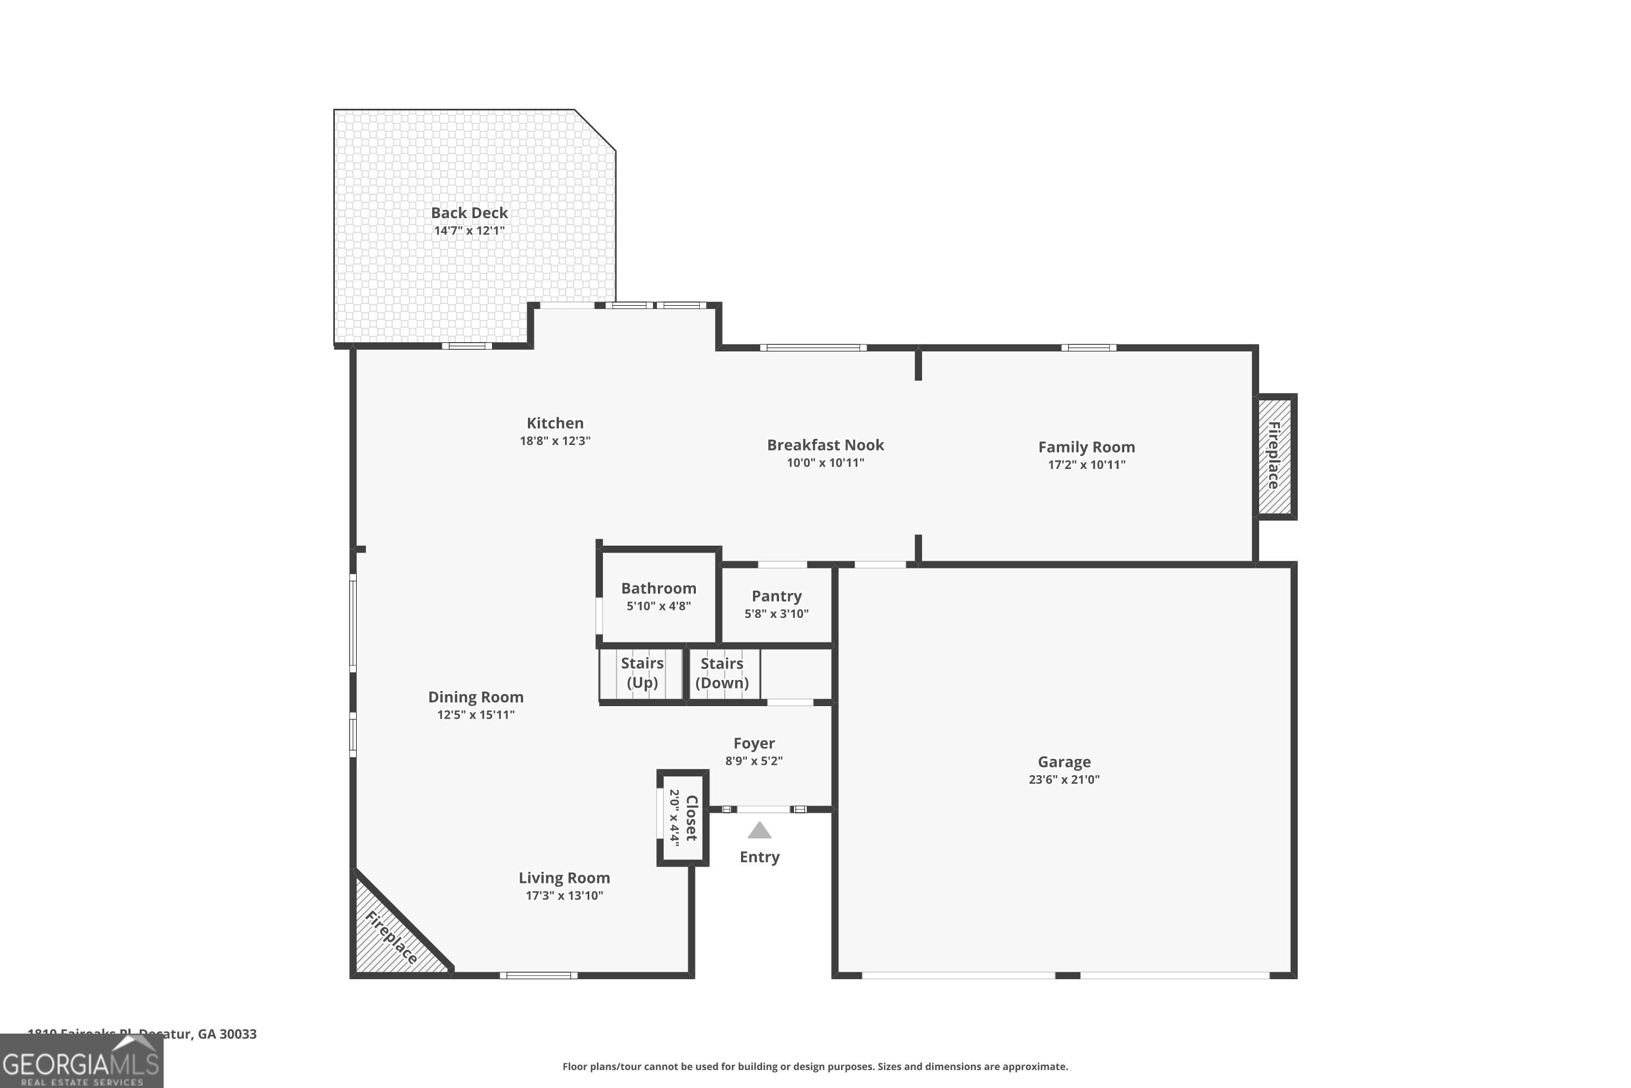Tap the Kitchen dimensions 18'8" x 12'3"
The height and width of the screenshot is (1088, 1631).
point(555,441)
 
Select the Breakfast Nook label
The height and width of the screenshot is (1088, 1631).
point(825,445)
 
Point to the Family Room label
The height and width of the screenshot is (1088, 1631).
point(1086,447)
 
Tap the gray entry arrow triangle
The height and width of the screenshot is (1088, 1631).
point(760,831)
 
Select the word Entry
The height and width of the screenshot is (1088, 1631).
point(760,857)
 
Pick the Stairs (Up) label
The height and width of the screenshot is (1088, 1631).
point(642,672)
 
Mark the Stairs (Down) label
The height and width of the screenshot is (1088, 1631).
point(721,672)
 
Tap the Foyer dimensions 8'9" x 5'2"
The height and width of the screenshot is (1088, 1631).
point(754,761)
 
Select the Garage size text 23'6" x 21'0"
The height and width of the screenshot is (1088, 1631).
point(1064,779)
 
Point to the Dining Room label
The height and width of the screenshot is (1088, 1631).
point(475,697)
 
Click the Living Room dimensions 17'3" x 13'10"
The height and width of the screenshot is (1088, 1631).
point(564,895)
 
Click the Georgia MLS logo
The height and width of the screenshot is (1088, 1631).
point(81,1062)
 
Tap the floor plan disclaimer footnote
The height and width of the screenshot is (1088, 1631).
point(815,1066)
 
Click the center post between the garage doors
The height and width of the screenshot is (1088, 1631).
point(1067,975)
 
